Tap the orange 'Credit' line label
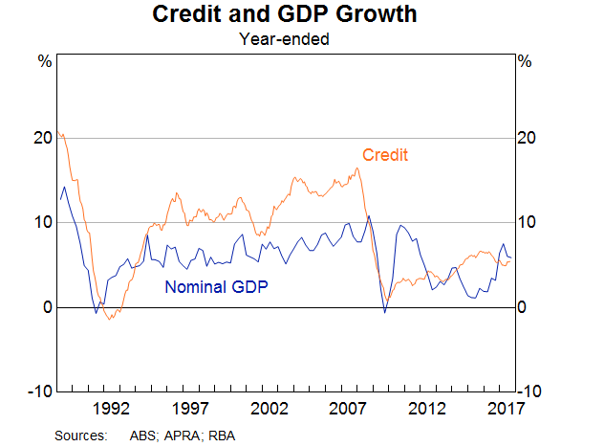[x=385, y=155]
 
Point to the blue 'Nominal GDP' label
[x=217, y=285]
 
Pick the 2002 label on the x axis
[x=270, y=410]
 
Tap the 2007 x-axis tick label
[x=350, y=410]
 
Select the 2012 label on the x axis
[x=429, y=410]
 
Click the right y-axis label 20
[x=527, y=138]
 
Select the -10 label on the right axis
[x=530, y=391]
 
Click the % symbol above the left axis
[x=44, y=62]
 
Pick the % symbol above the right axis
[x=524, y=62]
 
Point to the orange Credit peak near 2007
[x=356, y=168]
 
